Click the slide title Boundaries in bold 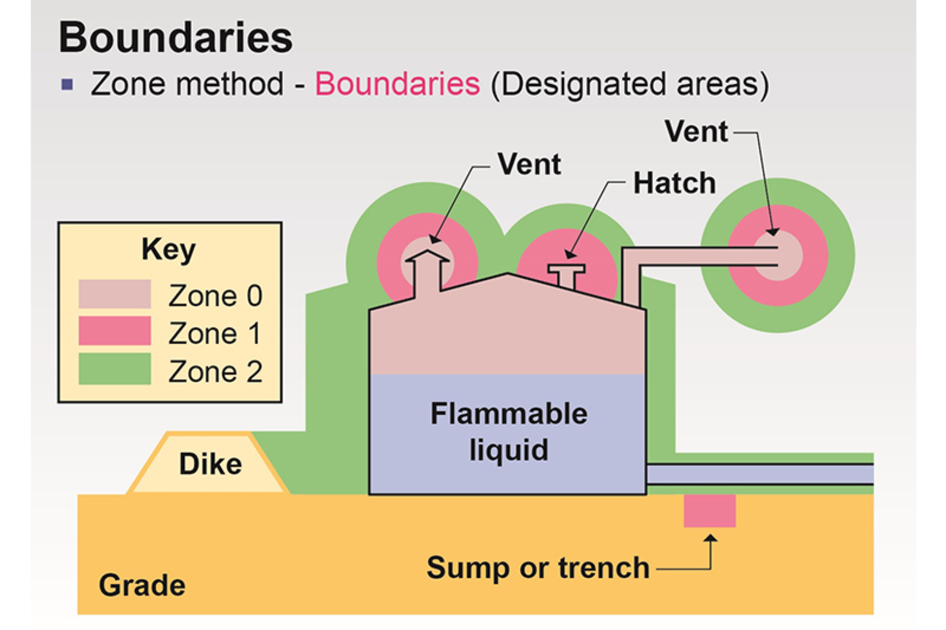tap(175, 37)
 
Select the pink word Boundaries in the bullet tap(397, 84)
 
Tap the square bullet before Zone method tap(67, 85)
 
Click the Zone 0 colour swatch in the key tap(114, 294)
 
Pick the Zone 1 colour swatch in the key tap(114, 331)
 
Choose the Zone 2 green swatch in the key tap(114, 368)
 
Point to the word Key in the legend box tap(169, 249)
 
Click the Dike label tap(210, 464)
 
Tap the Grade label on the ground tap(142, 585)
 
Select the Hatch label tap(674, 183)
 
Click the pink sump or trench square tap(709, 511)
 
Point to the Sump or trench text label tap(538, 568)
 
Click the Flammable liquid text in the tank tap(508, 431)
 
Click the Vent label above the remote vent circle tap(696, 132)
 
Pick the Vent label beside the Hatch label tap(529, 164)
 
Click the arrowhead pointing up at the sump tap(710, 539)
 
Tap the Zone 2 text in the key tap(215, 371)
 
